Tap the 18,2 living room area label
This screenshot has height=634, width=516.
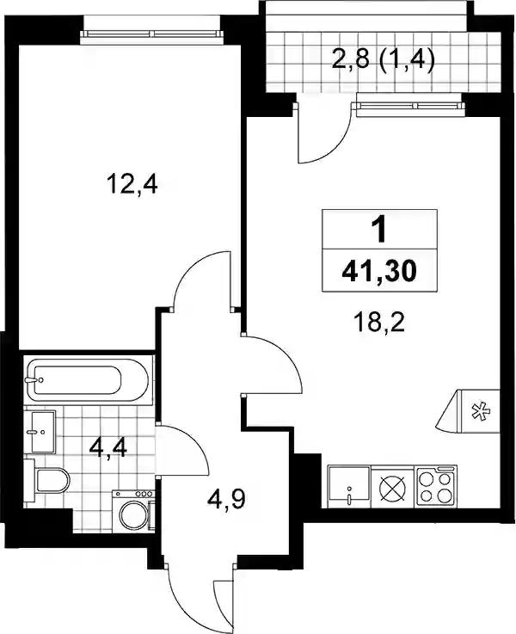click(x=378, y=323)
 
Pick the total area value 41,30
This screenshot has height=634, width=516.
click(x=379, y=270)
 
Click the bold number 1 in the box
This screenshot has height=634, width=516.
click(x=379, y=231)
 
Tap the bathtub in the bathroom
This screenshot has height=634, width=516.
click(x=87, y=380)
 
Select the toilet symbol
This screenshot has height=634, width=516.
click(x=47, y=480)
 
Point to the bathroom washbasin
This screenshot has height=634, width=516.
click(x=40, y=432)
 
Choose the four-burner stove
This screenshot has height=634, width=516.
click(x=436, y=486)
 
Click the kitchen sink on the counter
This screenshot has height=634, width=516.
click(x=349, y=486)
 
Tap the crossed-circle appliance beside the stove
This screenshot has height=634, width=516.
click(x=393, y=486)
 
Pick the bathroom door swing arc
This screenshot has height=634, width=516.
click(x=191, y=445)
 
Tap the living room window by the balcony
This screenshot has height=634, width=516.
click(x=408, y=106)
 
